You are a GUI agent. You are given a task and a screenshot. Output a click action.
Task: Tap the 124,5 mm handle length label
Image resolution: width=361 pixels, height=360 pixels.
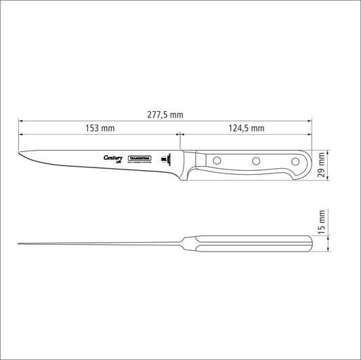246,128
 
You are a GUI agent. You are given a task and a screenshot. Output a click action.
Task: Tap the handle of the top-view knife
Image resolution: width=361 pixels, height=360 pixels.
251,242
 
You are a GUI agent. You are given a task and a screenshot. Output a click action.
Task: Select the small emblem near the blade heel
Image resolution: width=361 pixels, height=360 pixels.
163,160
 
